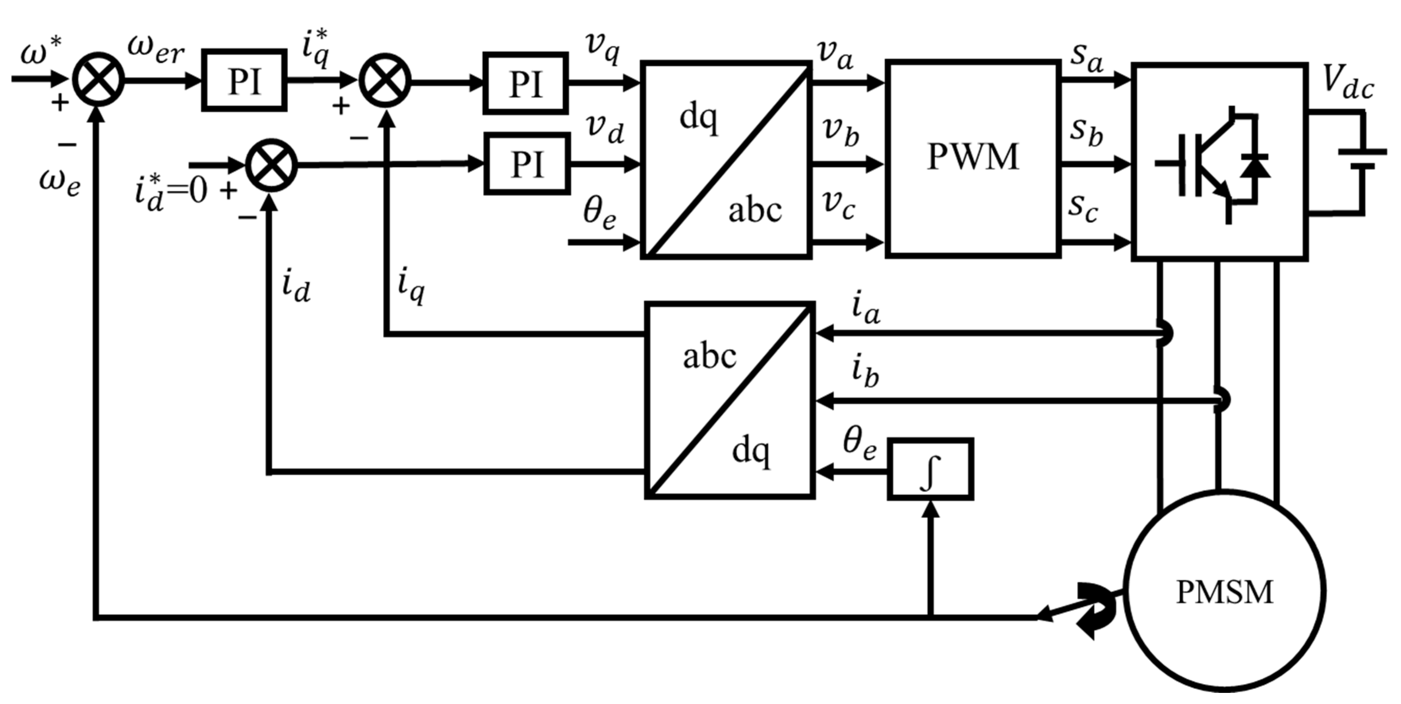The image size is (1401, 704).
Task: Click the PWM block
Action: tap(973, 158)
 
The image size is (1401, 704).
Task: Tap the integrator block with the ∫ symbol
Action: tap(930, 469)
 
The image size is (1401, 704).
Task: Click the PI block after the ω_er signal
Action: tap(244, 81)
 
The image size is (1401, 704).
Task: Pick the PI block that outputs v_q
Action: tap(525, 83)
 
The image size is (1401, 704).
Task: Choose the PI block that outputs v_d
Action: tap(527, 163)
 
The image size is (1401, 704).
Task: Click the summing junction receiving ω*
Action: tap(99, 81)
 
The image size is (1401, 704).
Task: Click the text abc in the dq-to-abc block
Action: tap(755, 211)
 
